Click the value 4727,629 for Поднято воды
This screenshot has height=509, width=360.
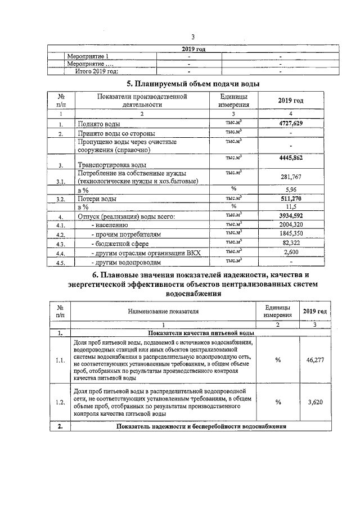click(291, 123)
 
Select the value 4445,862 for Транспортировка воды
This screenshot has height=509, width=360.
click(291, 159)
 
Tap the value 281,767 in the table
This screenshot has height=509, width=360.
click(291, 177)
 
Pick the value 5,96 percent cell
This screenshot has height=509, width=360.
click(291, 190)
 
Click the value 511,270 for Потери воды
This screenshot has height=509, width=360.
click(291, 199)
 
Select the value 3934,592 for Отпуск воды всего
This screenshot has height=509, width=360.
click(291, 216)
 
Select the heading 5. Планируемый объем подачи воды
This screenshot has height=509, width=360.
click(192, 84)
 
